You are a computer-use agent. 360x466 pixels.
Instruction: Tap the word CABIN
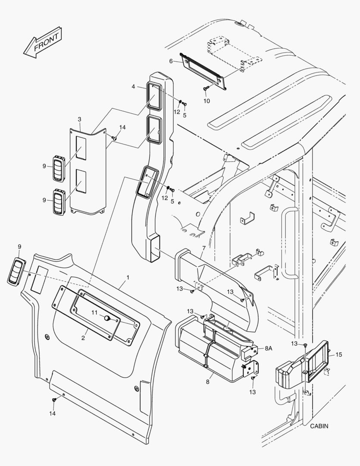(319, 426)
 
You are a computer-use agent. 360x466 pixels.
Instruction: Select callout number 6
(171, 61)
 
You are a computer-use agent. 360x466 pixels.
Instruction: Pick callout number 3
(79, 119)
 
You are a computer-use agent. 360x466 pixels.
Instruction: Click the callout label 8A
(269, 348)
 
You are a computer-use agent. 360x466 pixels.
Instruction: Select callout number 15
(339, 354)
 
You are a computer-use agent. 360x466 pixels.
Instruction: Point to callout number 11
(94, 312)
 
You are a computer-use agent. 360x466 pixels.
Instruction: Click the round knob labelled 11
(106, 318)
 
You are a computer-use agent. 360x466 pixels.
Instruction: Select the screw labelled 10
(205, 88)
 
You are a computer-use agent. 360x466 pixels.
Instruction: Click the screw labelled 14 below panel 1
(54, 400)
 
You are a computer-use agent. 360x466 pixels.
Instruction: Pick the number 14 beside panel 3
(123, 127)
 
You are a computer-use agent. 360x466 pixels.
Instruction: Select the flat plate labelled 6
(203, 69)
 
